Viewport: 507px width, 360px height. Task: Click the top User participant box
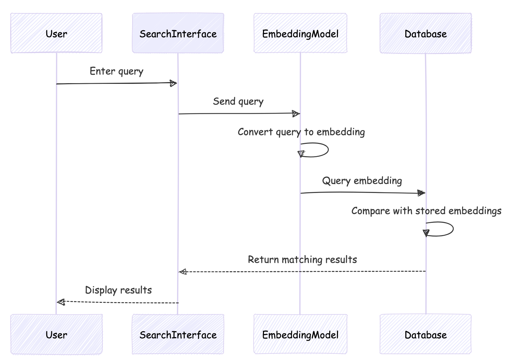point(56,33)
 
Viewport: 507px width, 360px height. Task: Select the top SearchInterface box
point(178,33)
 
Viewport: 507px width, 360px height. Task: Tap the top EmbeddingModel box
point(300,33)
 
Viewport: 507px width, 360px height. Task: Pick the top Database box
point(425,33)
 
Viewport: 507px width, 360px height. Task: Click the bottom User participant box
point(56,334)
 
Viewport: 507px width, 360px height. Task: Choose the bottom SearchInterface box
point(178,334)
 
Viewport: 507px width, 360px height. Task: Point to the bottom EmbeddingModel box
point(300,334)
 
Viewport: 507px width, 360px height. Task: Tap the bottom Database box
point(425,334)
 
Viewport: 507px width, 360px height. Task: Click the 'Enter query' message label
point(116,71)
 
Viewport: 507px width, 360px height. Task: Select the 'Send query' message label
point(238,101)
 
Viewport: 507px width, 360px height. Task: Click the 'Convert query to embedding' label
point(301,132)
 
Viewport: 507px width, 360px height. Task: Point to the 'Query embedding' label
point(362,181)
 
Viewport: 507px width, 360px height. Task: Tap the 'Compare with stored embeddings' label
point(426,211)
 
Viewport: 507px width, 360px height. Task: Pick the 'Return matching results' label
point(302,260)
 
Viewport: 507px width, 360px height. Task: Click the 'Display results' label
point(118,290)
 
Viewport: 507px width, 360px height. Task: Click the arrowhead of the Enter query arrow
point(173,83)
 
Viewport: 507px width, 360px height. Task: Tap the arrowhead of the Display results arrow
point(61,302)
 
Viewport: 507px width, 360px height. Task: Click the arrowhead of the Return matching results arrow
point(183,272)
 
